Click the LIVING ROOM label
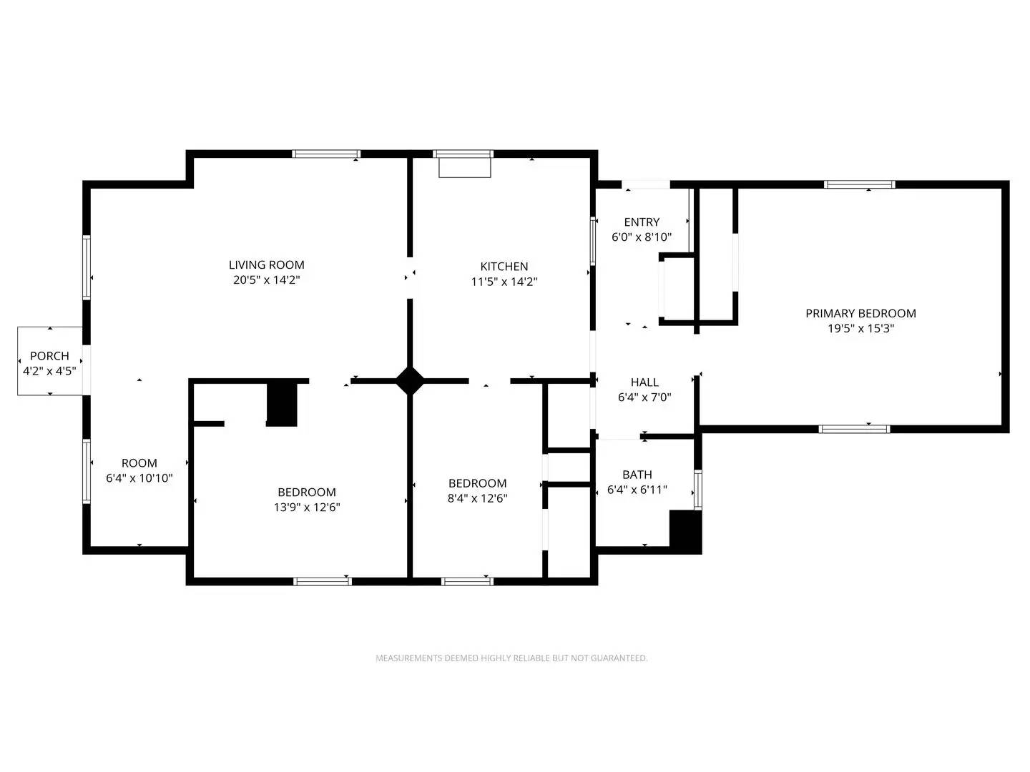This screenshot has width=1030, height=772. (266, 264)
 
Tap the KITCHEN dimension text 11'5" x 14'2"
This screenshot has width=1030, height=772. (504, 282)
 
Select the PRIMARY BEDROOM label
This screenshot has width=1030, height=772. (860, 313)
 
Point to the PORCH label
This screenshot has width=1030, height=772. (49, 355)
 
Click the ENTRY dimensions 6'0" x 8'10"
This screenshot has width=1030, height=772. (641, 237)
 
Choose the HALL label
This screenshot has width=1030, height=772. (644, 382)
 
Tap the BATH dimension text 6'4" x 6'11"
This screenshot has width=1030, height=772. (637, 490)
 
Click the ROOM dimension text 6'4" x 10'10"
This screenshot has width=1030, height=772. (139, 478)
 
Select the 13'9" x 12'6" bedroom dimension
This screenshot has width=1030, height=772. (306, 508)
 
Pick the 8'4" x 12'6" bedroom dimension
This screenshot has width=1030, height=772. (477, 498)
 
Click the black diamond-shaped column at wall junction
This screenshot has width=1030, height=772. (410, 380)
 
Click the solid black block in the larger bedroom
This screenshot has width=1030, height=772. (282, 405)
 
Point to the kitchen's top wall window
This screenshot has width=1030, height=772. (463, 154)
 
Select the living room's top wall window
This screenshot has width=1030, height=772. (326, 154)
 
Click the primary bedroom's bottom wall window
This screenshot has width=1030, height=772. (854, 429)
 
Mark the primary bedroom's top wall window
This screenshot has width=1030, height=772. (859, 184)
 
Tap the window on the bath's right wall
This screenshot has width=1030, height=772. (697, 490)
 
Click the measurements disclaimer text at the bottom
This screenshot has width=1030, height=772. (511, 658)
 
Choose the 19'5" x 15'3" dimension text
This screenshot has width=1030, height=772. (860, 329)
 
